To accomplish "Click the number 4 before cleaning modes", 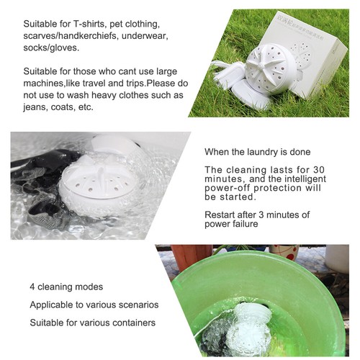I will pyautogui.click(x=32, y=287).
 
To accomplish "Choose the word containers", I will pyautogui.click(x=132, y=324).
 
